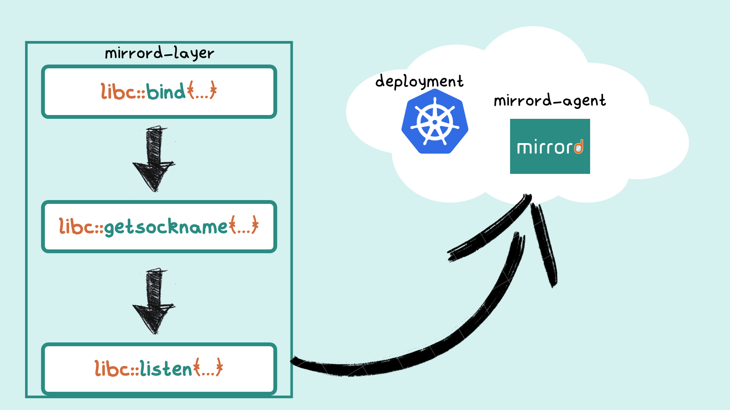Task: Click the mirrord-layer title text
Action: tap(159, 53)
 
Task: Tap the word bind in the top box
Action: tap(166, 91)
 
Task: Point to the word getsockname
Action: tap(166, 227)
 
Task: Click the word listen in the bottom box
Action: tap(166, 369)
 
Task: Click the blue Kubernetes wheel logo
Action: tap(435, 122)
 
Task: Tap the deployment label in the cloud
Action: tap(419, 82)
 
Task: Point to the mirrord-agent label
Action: tap(549, 101)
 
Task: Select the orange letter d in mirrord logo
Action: tap(578, 147)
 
